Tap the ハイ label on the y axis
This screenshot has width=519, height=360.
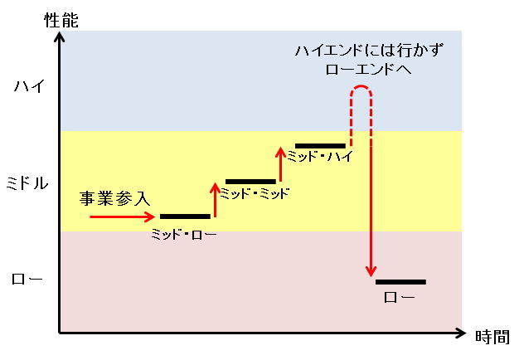tap(28, 86)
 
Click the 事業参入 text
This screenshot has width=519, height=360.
tap(114, 199)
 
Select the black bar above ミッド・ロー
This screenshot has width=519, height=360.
tap(185, 216)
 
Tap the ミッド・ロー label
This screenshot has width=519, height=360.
tap(184, 235)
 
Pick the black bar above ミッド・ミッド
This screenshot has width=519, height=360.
tap(250, 181)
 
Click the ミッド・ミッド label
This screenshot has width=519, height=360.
tap(254, 193)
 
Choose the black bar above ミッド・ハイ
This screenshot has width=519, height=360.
tap(320, 146)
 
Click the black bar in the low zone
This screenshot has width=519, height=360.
tap(400, 282)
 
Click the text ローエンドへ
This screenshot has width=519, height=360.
tap(369, 70)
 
